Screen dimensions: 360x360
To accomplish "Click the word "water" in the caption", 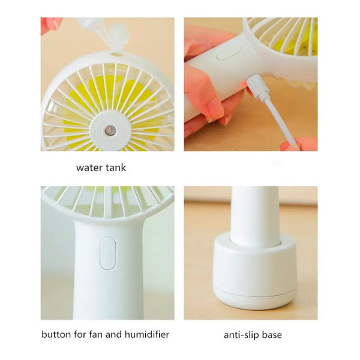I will (x=89, y=167).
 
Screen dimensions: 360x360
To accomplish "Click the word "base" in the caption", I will (x=272, y=335).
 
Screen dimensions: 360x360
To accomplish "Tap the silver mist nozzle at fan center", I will (x=109, y=130).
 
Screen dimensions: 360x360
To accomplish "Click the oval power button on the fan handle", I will (x=108, y=253).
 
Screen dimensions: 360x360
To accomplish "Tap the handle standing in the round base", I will (x=254, y=216).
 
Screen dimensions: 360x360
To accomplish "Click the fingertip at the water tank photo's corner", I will (x=51, y=24).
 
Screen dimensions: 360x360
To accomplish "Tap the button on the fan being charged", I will (x=229, y=53).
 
